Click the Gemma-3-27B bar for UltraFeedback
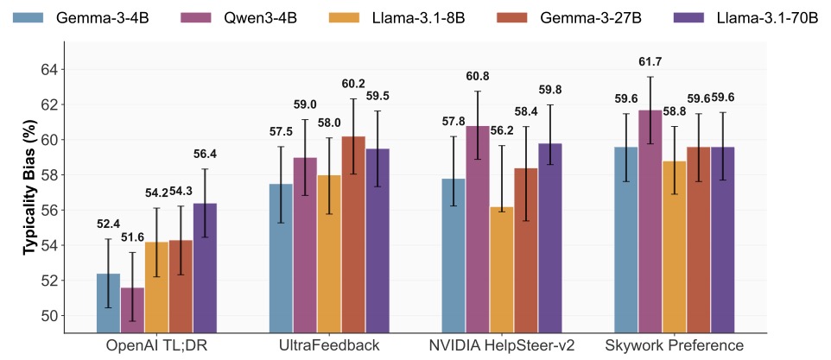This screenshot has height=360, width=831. click(353, 234)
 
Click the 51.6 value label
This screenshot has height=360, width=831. click(133, 237)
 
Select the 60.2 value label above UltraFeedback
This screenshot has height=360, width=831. click(354, 84)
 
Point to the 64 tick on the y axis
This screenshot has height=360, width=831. click(48, 69)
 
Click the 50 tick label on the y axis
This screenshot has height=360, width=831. click(48, 316)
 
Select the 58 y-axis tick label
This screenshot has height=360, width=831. click(48, 175)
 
